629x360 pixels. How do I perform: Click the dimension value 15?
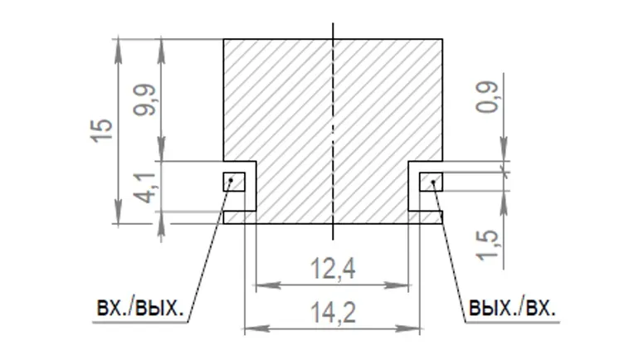pyautogui.click(x=101, y=131)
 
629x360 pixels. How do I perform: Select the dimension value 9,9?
pyautogui.click(x=145, y=100)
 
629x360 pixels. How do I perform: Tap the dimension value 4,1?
pyautogui.click(x=145, y=188)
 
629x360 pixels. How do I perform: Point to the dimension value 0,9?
pyautogui.click(x=487, y=97)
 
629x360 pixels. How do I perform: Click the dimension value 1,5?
pyautogui.click(x=487, y=245)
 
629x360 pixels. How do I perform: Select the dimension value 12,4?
pyautogui.click(x=334, y=269)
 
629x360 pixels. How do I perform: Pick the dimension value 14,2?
pyautogui.click(x=334, y=313)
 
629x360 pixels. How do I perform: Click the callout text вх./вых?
pyautogui.click(x=139, y=308)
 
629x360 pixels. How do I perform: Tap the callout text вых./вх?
pyautogui.click(x=512, y=308)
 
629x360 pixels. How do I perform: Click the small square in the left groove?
pyautogui.click(x=234, y=182)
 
